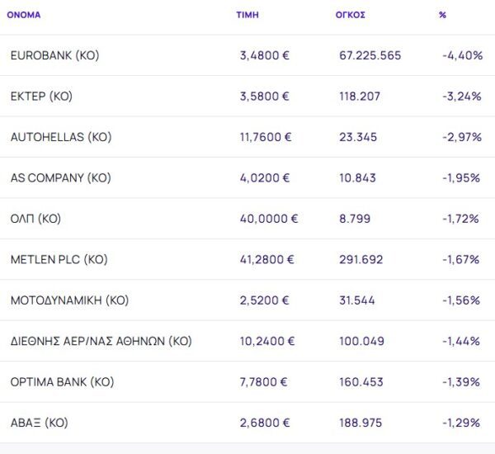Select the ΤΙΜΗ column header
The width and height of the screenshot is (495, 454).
247,15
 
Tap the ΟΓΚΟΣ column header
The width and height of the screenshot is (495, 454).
351,15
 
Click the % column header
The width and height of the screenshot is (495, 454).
443,15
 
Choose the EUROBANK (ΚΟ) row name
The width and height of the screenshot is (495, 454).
54,55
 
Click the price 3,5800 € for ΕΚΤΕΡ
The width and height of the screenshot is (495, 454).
264,96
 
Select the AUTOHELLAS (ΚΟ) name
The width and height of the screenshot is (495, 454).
60,137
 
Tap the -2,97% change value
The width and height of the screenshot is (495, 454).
462,137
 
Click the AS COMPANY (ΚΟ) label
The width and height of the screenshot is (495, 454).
60,177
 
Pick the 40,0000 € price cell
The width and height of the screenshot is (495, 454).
268,219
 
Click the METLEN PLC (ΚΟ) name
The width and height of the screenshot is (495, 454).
59,259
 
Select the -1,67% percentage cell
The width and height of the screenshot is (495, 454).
461,259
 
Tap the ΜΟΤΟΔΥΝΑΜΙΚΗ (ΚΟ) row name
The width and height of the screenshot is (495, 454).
69,300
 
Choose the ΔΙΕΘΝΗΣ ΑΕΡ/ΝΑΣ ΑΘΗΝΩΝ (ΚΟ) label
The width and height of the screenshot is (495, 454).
101,341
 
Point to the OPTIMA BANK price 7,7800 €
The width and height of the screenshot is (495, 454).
264,382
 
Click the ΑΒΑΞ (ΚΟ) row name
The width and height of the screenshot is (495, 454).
39,423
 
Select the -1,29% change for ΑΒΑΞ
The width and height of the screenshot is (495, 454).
461,423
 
